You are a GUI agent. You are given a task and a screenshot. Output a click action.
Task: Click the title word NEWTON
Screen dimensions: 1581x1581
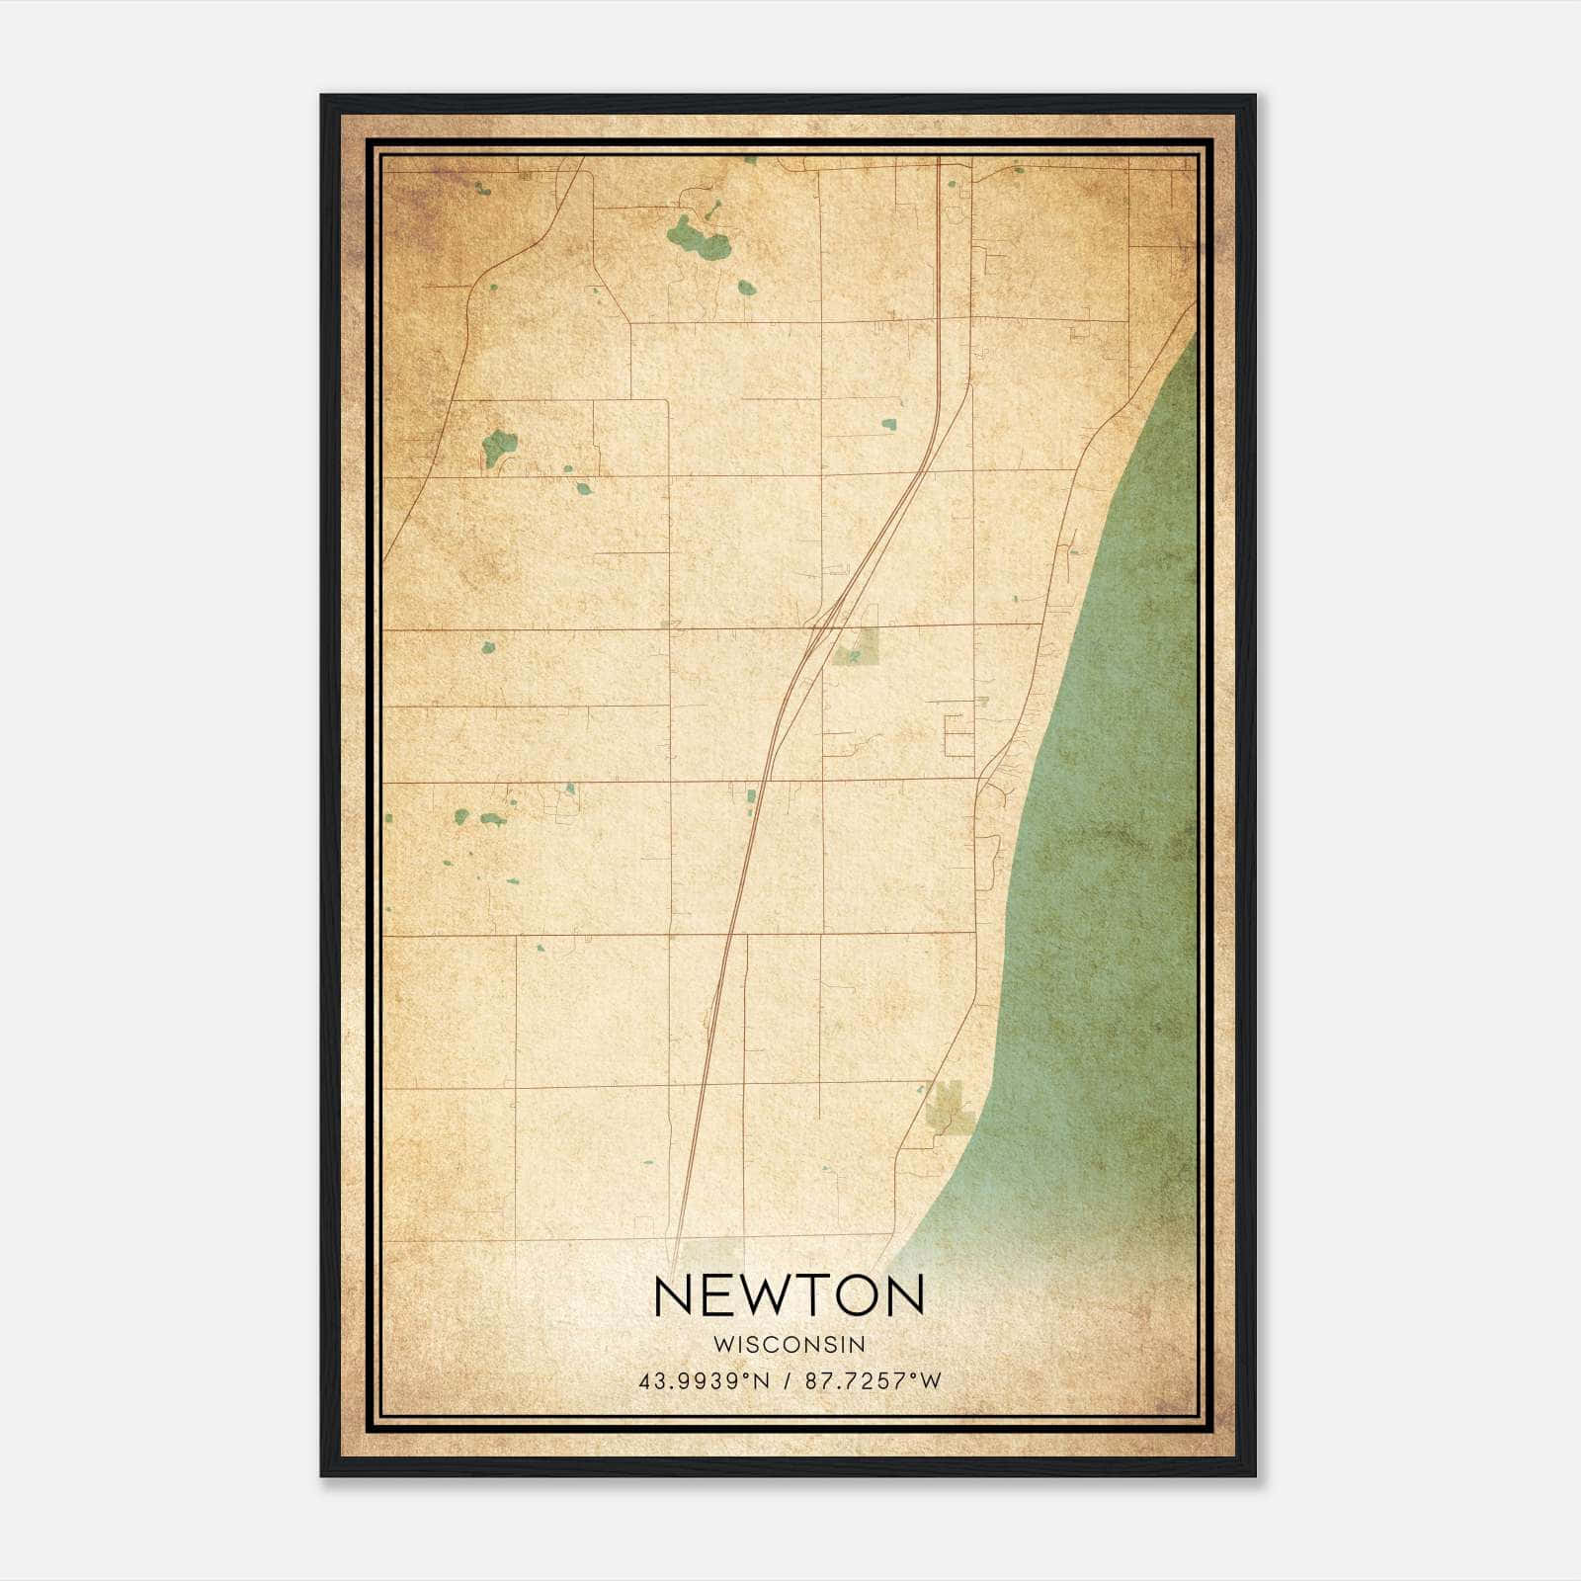[x=789, y=1295]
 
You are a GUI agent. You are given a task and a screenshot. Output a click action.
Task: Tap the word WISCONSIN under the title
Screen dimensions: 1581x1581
[x=789, y=1344]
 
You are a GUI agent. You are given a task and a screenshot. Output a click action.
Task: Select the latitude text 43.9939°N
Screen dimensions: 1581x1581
[x=704, y=1380]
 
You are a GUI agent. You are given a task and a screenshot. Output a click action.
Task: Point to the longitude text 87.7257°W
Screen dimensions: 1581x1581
[x=874, y=1380]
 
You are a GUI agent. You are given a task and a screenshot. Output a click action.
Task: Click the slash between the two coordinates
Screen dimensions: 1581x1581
[x=788, y=1380]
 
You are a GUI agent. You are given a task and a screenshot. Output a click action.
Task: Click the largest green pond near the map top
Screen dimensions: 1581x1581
[x=698, y=238]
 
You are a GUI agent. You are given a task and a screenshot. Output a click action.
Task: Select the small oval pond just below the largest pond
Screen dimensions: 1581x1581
[x=746, y=288]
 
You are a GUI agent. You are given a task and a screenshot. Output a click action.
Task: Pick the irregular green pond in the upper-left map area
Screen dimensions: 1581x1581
[x=498, y=446]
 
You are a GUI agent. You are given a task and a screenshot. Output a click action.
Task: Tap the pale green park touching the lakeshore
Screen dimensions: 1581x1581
[x=948, y=1105]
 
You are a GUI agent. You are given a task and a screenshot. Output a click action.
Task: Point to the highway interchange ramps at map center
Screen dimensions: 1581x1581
[x=824, y=621]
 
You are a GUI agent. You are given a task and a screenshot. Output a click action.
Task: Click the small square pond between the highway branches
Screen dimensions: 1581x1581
[x=888, y=425]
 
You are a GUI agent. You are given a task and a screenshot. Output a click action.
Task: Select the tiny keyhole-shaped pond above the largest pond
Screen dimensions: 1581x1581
[x=710, y=210]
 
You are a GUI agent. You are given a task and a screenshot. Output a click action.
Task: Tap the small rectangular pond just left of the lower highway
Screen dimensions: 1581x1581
[x=751, y=795]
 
